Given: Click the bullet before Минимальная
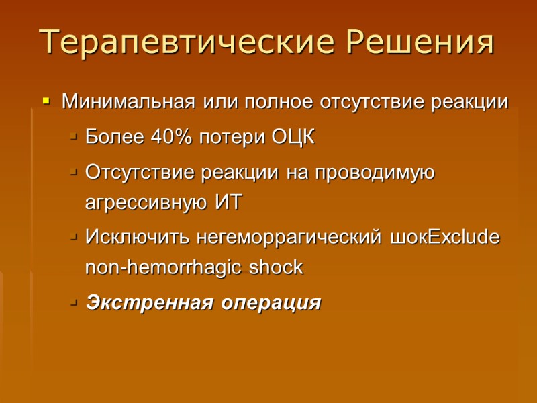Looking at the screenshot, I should click(x=46, y=103).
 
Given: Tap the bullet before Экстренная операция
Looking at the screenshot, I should click(x=72, y=303).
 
